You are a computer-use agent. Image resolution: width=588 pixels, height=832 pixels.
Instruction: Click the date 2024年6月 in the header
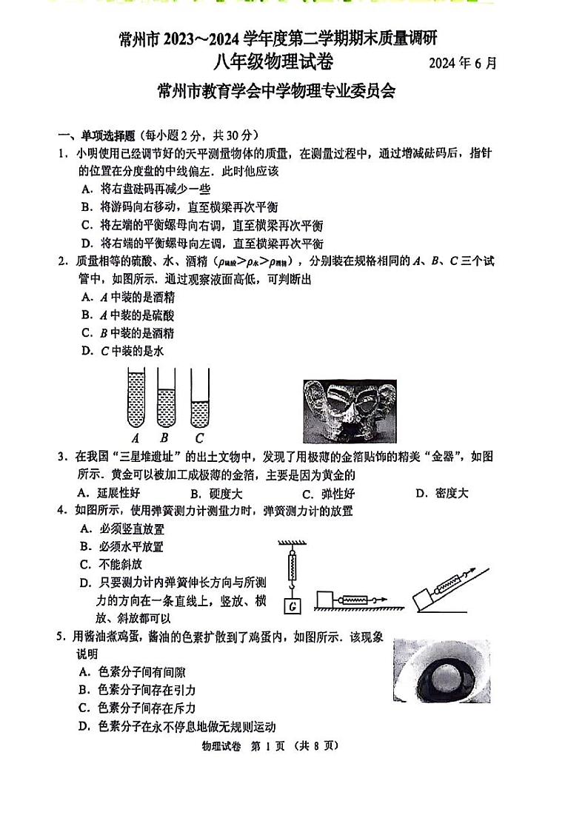coord(462,63)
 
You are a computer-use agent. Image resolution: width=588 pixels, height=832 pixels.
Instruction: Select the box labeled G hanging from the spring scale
coord(293,606)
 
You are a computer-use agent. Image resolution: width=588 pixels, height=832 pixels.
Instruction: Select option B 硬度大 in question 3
coord(216,493)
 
